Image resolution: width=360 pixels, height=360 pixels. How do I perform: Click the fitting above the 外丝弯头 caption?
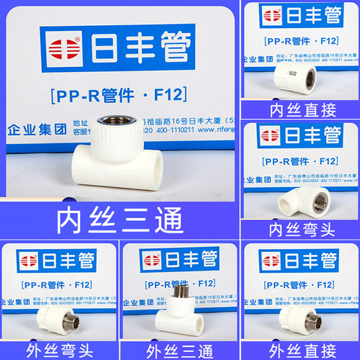[x=48, y=320]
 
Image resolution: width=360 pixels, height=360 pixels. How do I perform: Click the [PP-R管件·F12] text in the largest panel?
[x=119, y=94]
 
